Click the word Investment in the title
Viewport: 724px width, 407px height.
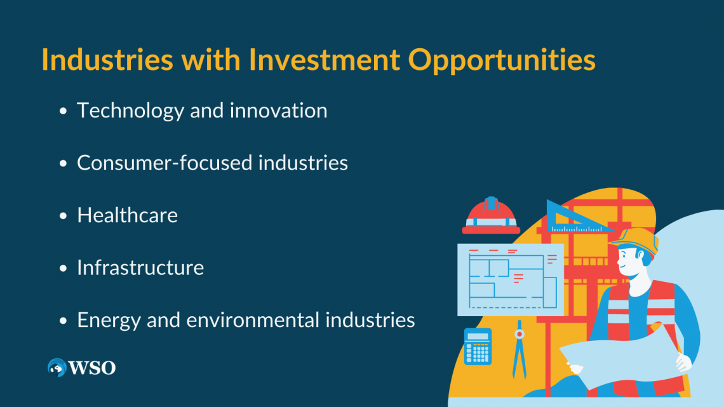pos(324,60)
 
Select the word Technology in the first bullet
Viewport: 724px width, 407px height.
pos(130,111)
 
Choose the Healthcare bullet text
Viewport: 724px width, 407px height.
pos(127,215)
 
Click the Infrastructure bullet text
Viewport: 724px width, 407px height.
pos(140,267)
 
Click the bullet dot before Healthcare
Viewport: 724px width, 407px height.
pos(63,217)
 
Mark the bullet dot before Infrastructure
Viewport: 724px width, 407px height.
pos(63,269)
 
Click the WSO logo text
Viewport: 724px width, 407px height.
pos(93,368)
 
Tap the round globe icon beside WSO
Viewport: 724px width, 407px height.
pos(57,368)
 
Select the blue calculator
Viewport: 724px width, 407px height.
pos(478,346)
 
